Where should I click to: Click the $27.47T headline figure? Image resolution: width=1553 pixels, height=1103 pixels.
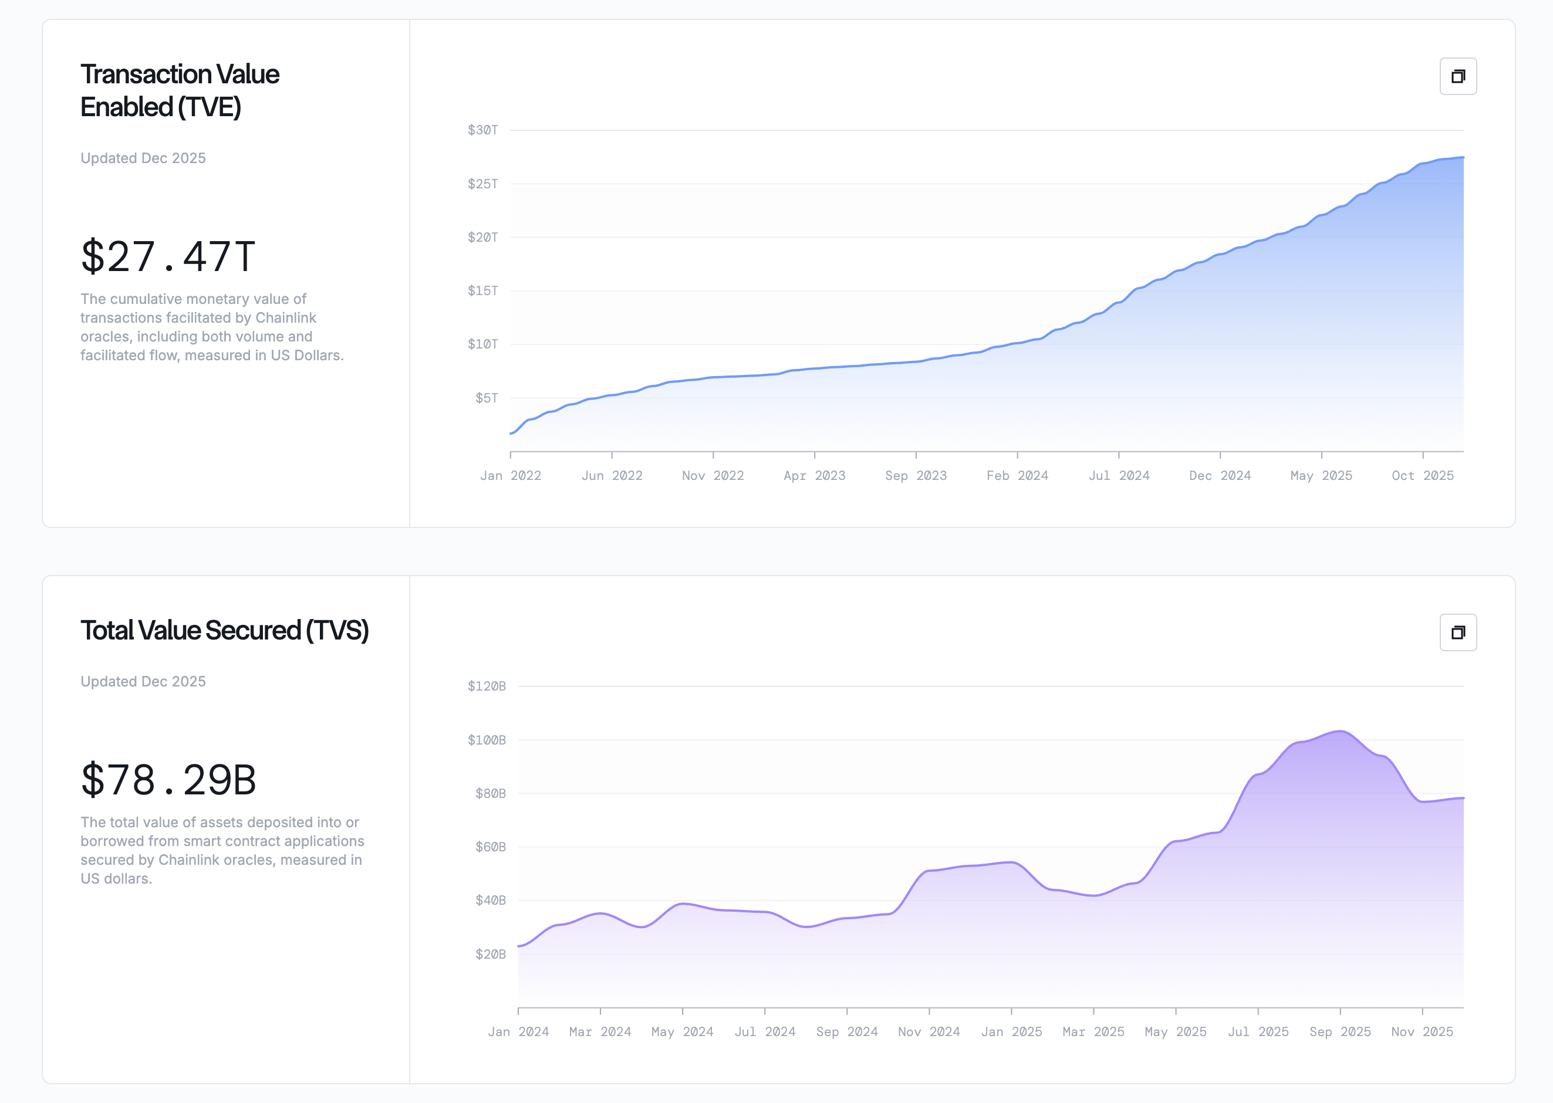point(168,257)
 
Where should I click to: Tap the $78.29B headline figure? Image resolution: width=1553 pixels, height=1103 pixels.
point(168,780)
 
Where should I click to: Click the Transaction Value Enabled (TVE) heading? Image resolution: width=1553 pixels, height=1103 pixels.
point(180,90)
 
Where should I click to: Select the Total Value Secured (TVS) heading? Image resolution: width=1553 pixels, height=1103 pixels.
point(224,630)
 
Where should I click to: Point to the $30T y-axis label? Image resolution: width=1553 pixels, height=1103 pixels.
point(482,130)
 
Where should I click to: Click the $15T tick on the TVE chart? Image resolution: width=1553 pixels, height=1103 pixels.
point(482,290)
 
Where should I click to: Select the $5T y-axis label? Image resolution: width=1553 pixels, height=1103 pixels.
point(487,398)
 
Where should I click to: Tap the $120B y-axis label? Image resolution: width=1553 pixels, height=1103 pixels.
point(487,686)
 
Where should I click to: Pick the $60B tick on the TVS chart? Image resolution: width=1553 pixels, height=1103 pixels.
point(490,847)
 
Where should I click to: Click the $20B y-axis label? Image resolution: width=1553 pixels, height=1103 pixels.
point(490,954)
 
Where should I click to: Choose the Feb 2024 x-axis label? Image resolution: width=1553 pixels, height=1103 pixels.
point(1017,475)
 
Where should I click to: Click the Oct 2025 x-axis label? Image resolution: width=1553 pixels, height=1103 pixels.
point(1423,475)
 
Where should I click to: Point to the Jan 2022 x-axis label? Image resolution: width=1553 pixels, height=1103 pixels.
point(510,475)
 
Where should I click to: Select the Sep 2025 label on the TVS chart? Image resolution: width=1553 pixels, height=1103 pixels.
point(1340,1031)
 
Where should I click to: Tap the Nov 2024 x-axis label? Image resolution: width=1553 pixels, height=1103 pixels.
point(929,1031)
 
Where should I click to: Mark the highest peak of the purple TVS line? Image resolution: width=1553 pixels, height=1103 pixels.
point(1340,732)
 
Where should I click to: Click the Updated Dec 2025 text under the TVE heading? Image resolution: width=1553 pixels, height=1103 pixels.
point(143,158)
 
